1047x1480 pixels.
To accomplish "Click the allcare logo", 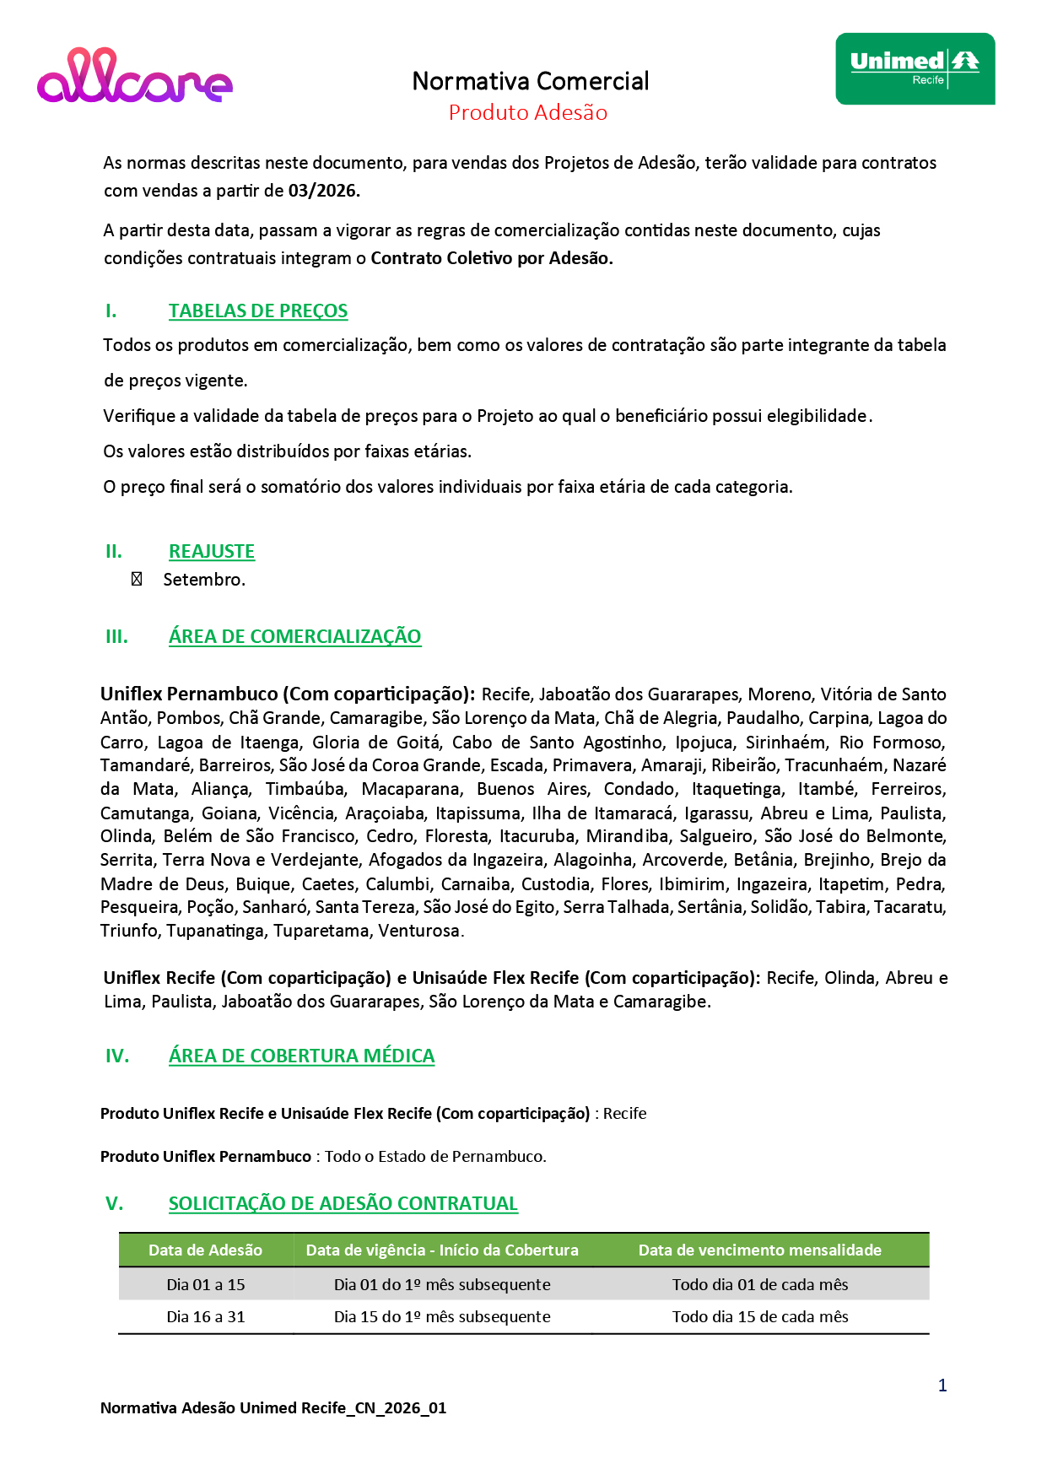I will [x=135, y=77].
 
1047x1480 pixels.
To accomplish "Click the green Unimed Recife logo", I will [x=915, y=69].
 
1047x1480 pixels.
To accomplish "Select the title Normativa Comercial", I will [x=531, y=81].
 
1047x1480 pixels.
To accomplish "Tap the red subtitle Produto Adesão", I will [x=528, y=113].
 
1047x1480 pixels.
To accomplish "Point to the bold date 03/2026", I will [x=324, y=191].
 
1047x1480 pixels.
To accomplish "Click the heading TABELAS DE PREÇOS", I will [x=258, y=311].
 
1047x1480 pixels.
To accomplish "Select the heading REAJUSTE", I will [x=212, y=552].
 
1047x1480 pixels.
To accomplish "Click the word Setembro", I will [x=204, y=580].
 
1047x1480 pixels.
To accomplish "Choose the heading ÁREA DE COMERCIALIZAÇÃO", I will [x=294, y=637].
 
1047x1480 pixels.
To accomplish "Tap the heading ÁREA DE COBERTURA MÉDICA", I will [x=301, y=1056].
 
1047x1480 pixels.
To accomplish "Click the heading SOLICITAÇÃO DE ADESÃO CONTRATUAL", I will [x=343, y=1204].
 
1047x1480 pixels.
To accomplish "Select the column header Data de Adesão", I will [x=205, y=1250].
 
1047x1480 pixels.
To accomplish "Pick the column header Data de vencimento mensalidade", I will [x=759, y=1250].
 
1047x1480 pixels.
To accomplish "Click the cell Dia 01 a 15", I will [x=206, y=1285].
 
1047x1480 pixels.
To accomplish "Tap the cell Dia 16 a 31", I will [x=206, y=1317].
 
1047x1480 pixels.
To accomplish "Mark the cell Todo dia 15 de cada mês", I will [x=759, y=1317].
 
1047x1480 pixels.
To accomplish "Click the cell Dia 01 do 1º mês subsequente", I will [x=442, y=1285].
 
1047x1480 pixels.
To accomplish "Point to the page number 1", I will [x=942, y=1385].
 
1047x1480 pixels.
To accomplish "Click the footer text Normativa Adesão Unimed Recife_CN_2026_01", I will [x=273, y=1408].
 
